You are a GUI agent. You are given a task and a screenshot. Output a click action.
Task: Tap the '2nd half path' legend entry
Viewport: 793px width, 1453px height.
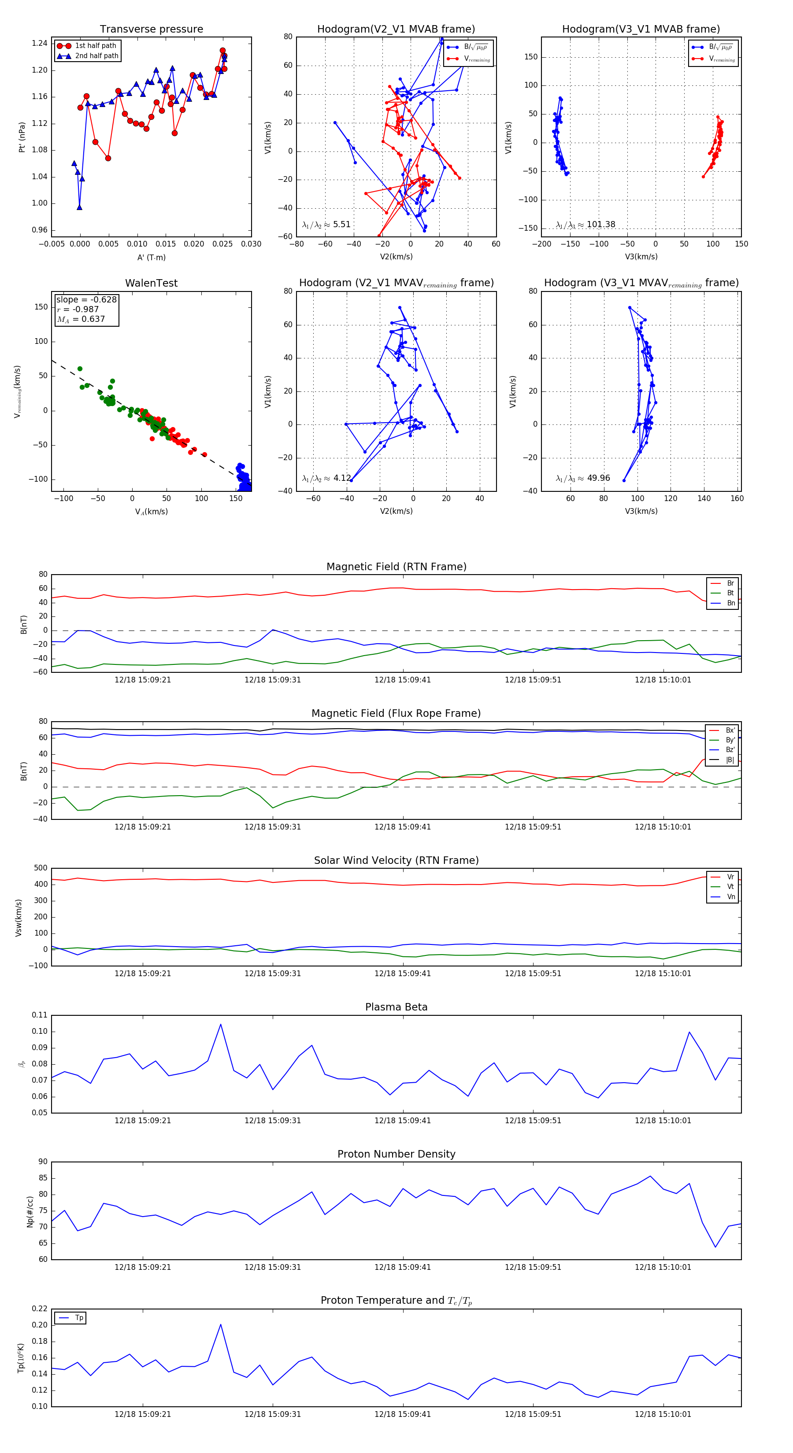tap(96, 56)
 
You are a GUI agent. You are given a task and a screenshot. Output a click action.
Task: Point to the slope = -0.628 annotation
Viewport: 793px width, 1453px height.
tap(86, 299)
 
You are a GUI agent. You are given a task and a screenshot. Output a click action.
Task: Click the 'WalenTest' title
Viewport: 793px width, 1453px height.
tap(151, 283)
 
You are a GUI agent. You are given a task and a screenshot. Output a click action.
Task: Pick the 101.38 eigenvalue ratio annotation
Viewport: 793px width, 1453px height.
tap(585, 225)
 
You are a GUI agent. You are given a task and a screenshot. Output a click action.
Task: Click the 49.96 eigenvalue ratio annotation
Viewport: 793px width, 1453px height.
tap(582, 478)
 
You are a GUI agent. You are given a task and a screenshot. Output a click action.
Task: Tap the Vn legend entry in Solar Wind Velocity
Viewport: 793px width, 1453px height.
tap(730, 897)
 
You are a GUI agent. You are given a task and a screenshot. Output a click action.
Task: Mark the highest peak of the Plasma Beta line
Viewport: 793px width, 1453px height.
tap(221, 1024)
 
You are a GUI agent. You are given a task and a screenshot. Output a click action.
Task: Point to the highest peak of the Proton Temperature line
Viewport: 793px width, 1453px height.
tap(221, 1324)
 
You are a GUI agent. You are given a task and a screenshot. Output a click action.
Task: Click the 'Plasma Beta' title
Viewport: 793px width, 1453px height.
tap(396, 1007)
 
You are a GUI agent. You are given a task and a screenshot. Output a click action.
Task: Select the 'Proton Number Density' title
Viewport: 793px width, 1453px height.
tap(396, 1154)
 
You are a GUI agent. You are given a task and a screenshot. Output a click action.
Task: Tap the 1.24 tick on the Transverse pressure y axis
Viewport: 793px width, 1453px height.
tap(40, 44)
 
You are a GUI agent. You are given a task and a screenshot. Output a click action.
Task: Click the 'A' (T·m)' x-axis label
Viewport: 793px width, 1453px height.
tap(151, 257)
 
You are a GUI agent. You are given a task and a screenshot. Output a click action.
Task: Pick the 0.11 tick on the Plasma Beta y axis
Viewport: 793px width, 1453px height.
tap(40, 1015)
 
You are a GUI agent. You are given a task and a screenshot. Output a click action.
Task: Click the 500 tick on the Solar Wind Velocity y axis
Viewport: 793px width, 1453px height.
tap(41, 868)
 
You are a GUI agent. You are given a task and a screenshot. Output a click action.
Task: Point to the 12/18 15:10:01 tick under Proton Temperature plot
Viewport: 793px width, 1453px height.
tap(663, 1414)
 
